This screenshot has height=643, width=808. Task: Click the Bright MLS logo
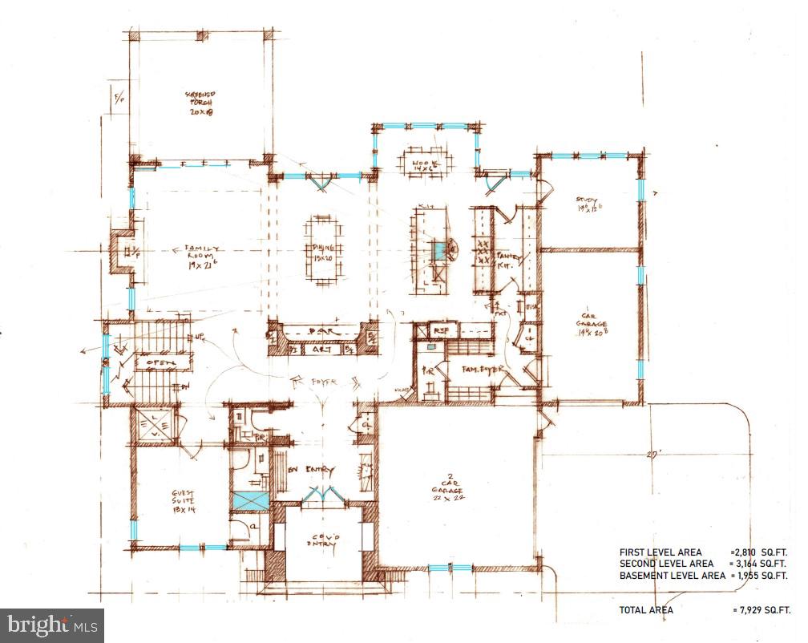point(52,624)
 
